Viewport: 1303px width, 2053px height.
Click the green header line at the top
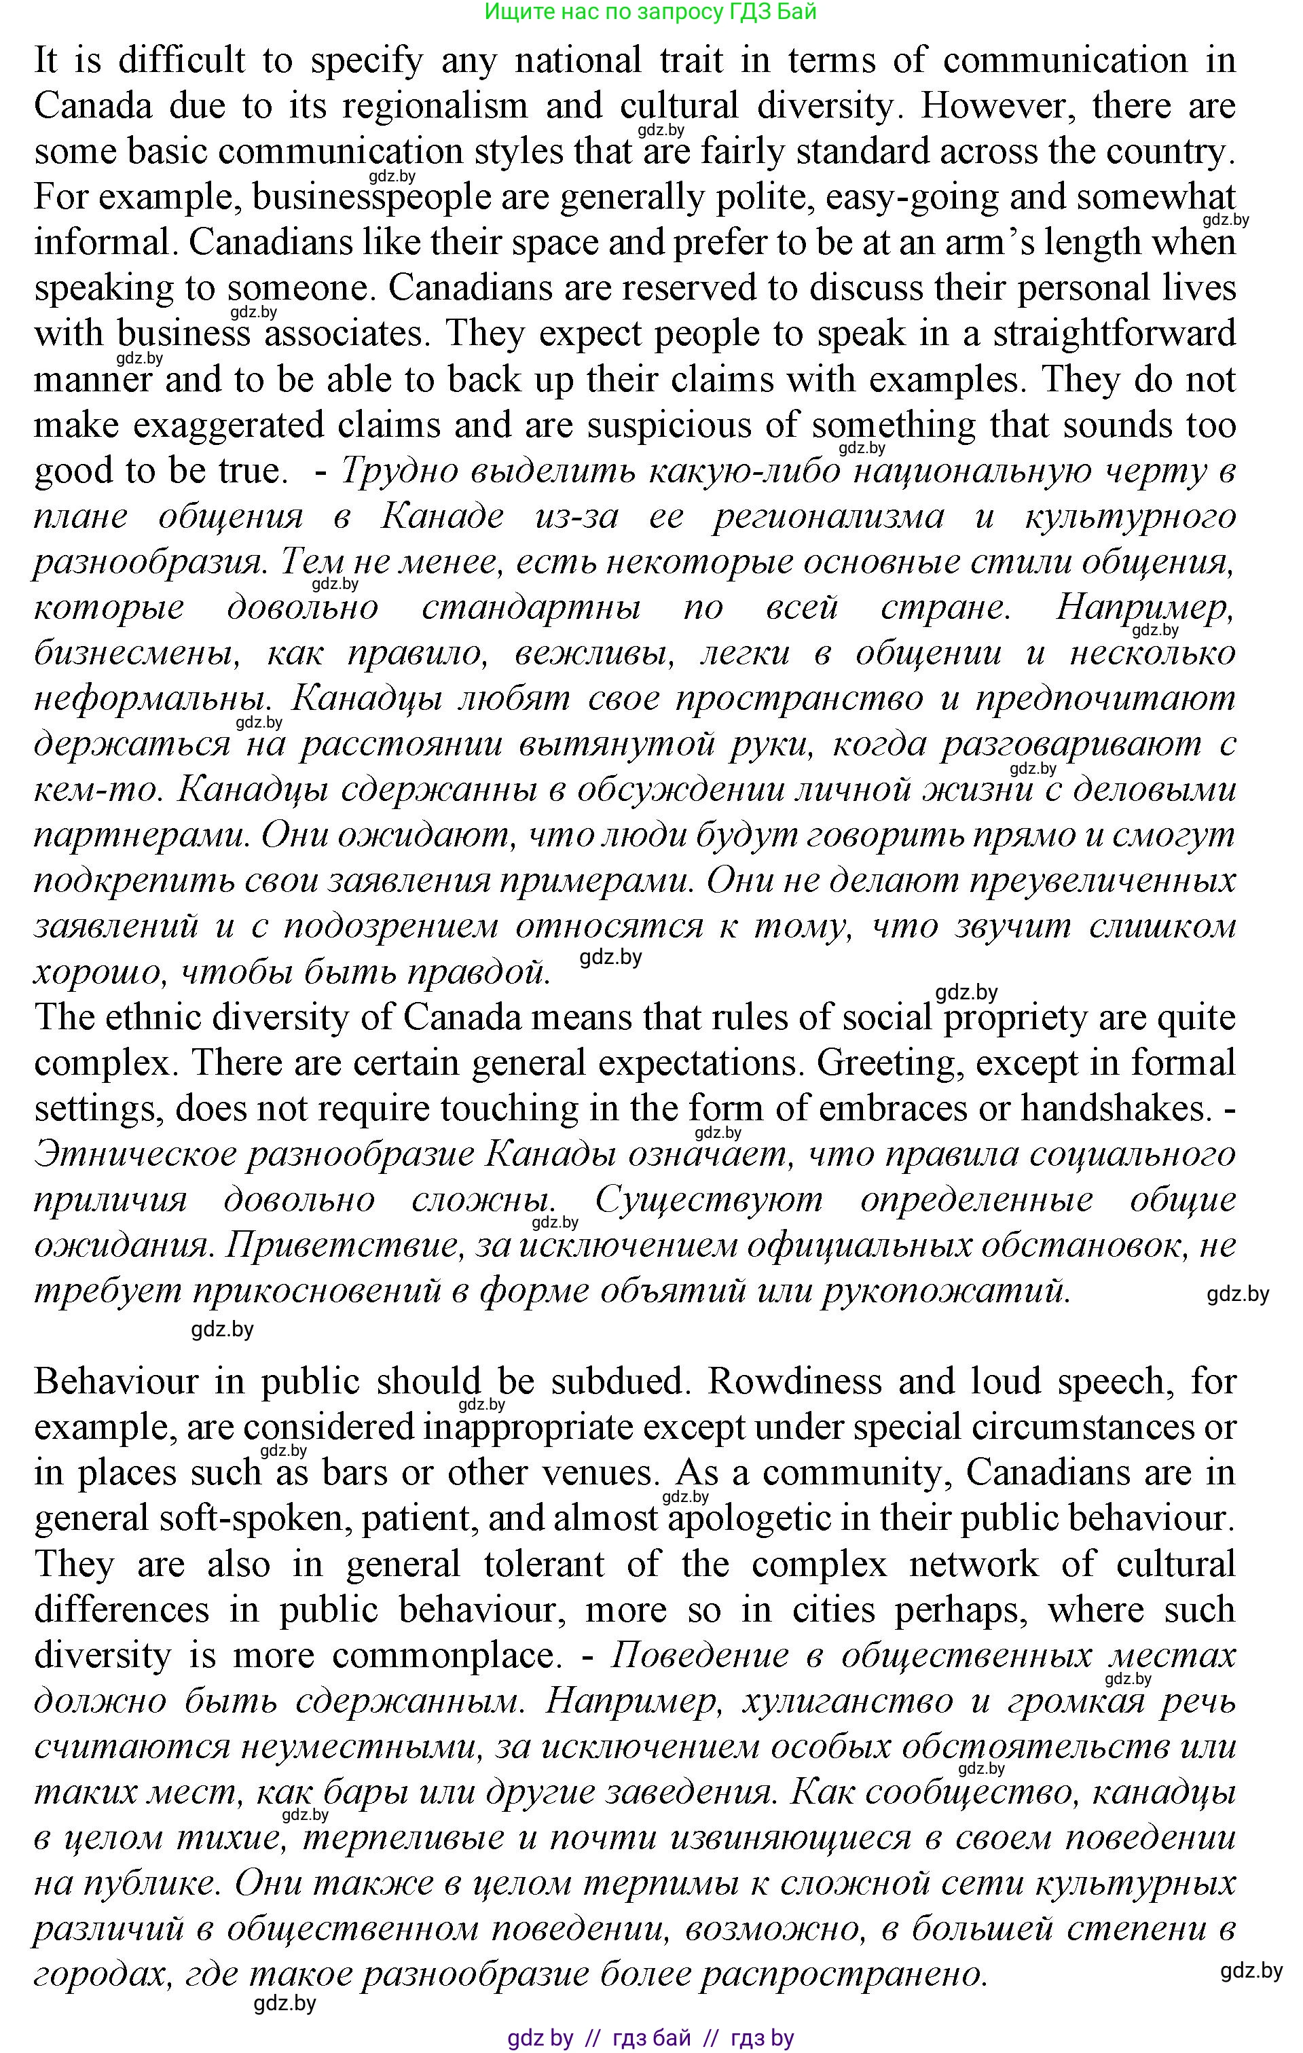point(650,12)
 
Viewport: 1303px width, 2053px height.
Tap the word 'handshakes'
point(1116,1108)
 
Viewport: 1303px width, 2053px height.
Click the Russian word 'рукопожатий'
point(946,1291)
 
